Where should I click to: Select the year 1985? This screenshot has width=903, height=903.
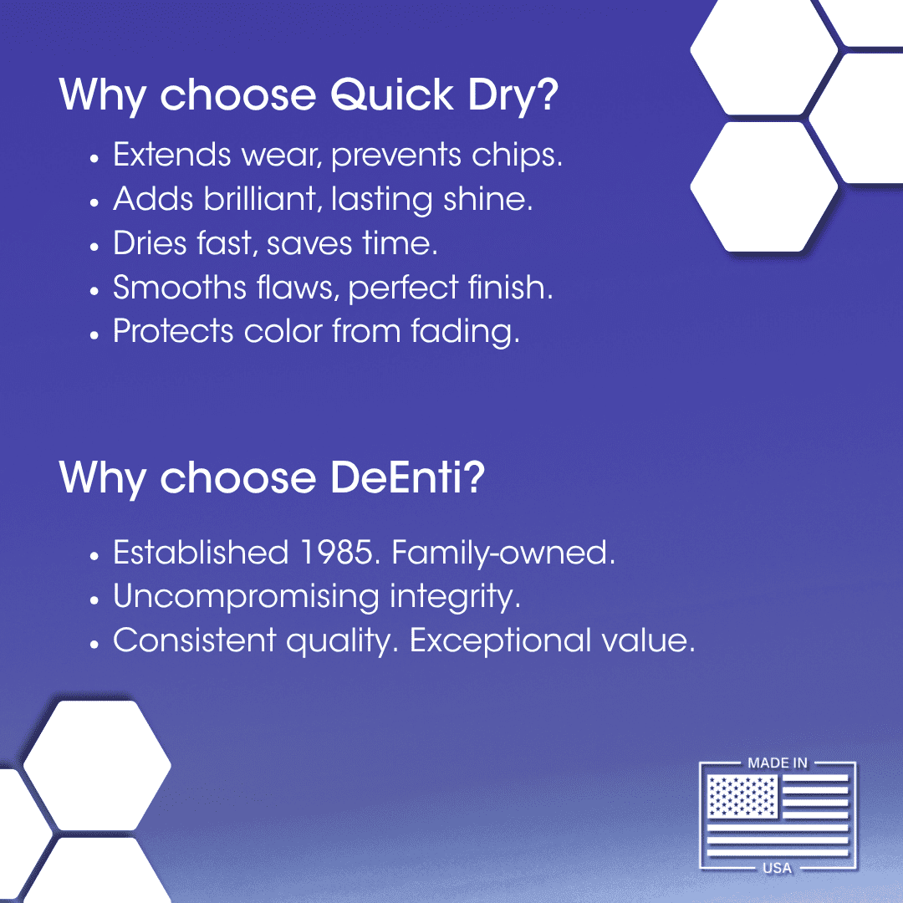339,553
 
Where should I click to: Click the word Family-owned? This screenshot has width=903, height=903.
503,553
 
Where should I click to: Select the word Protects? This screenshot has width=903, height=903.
174,331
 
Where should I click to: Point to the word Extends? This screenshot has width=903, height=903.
171,156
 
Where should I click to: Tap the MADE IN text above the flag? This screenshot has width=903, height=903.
778,763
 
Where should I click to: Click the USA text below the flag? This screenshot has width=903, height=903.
778,868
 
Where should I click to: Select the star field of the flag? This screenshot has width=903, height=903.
742,796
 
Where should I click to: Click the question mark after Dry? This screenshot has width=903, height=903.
546,95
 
